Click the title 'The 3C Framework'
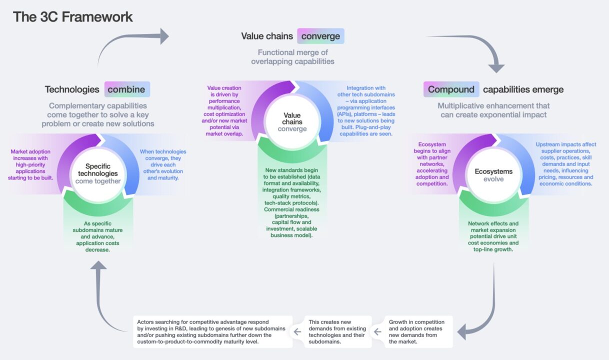coord(72,17)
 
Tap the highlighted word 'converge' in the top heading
coord(320,36)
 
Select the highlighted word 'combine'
coord(126,89)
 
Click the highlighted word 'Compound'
coord(451,89)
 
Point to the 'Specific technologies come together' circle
coord(98,174)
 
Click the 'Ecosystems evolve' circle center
coord(493,175)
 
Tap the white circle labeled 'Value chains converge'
coord(292,122)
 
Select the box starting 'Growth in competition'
coord(418,331)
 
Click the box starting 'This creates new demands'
coord(337,331)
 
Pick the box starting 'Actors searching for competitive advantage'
coord(212,331)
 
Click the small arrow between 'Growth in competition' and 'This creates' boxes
coord(378,331)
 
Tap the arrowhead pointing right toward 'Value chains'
coord(164,36)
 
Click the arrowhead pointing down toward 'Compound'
coord(496,68)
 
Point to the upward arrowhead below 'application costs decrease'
coord(98,265)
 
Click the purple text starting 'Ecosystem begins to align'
coord(432,164)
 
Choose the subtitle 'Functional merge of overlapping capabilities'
coord(293,57)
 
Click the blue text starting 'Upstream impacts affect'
coord(566,164)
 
